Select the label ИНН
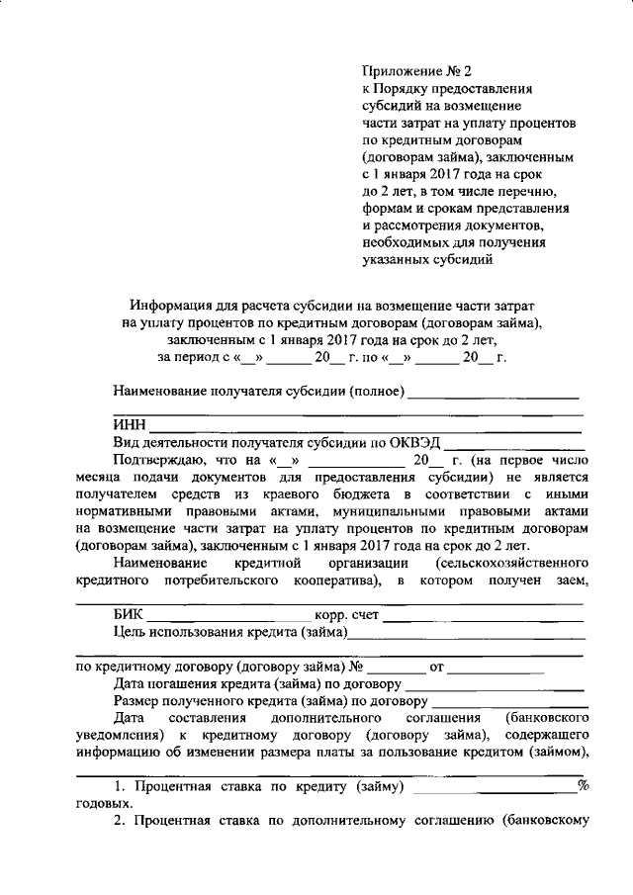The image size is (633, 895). click(129, 425)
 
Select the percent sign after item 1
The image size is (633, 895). click(583, 786)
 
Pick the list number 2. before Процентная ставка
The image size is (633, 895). click(119, 821)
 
